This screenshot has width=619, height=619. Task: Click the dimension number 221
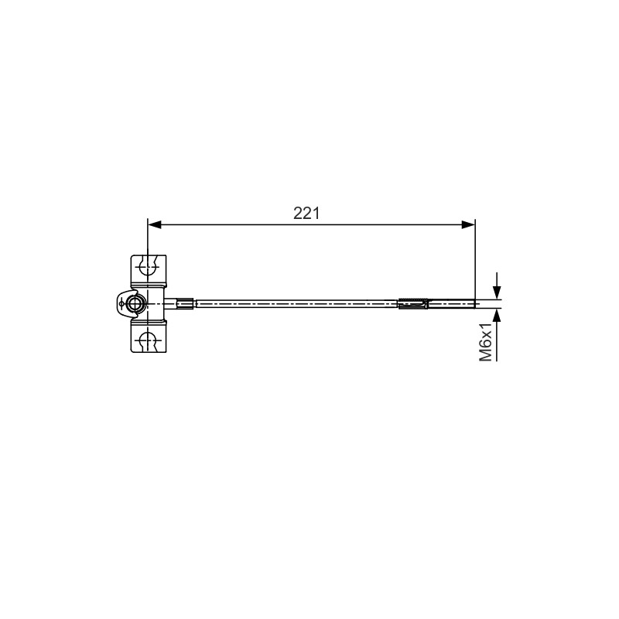(x=306, y=214)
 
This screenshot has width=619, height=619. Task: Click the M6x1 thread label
(x=486, y=341)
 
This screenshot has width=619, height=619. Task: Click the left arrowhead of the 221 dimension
(x=155, y=224)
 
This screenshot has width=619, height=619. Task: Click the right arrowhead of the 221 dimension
(x=468, y=224)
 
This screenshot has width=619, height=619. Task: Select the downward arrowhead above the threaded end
(x=497, y=292)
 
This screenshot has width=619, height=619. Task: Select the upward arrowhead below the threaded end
(x=497, y=316)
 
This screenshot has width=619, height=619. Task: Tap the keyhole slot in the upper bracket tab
(x=149, y=266)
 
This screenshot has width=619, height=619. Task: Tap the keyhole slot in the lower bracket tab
(x=149, y=340)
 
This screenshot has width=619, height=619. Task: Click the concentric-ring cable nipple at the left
(x=135, y=304)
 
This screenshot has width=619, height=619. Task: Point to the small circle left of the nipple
(x=121, y=304)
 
